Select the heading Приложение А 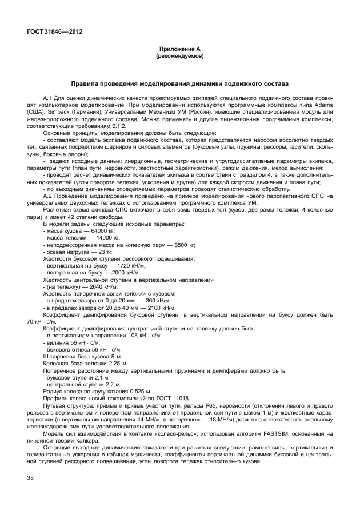[x=180, y=50]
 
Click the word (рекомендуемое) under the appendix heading [x=180, y=57]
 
